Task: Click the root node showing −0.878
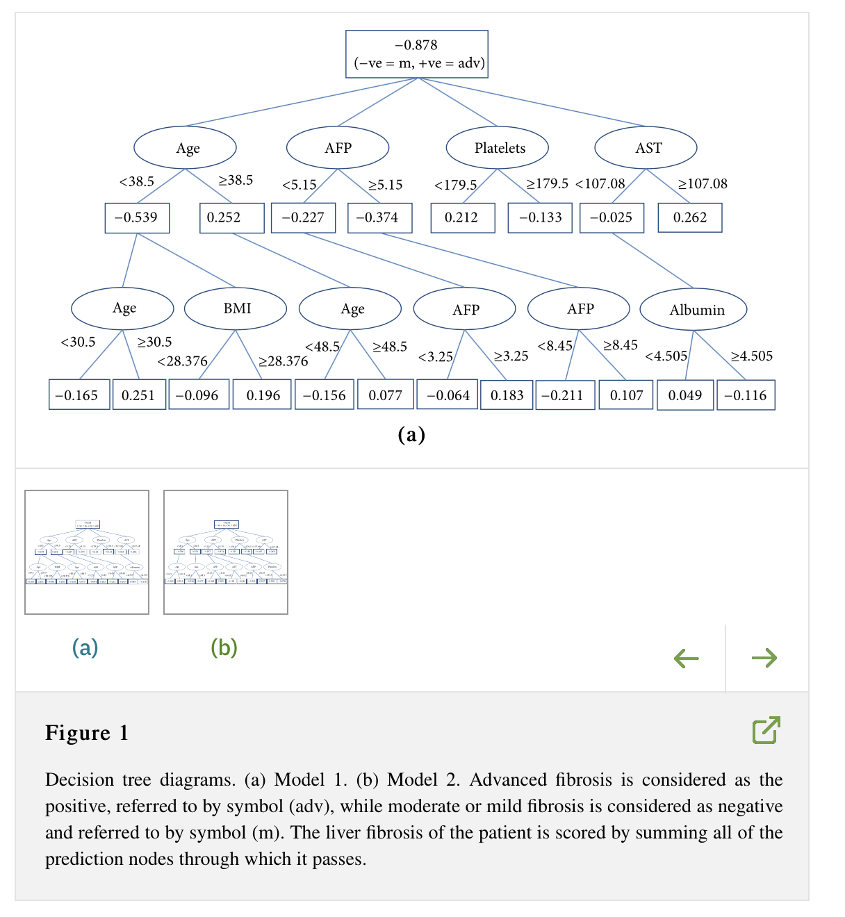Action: coord(417,53)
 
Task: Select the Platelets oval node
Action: coord(498,147)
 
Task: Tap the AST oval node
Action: coord(646,147)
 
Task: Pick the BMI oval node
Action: coord(236,308)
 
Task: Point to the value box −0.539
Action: coord(137,217)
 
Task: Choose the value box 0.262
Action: coord(689,217)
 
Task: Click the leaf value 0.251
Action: coord(138,395)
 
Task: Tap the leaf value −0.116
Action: coord(746,395)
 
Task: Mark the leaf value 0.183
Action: coord(507,395)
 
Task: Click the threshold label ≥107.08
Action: coord(703,184)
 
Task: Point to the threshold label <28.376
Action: coord(182,361)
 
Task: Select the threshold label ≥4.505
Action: coord(752,356)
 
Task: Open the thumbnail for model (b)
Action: coord(226,552)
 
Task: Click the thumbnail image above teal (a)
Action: coord(87,552)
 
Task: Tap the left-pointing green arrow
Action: coord(687,658)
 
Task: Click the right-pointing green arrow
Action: coord(764,658)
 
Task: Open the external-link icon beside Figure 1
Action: coord(766,730)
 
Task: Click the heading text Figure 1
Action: coord(87,733)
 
